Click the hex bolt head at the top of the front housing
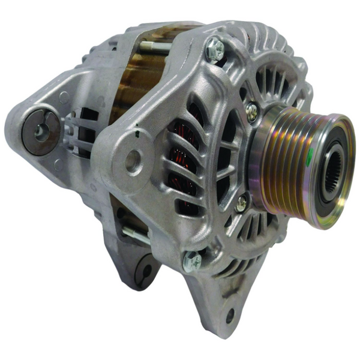[215, 50]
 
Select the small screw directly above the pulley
[252, 112]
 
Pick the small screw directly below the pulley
[241, 204]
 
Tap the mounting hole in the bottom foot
[230, 314]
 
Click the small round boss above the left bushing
[63, 96]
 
